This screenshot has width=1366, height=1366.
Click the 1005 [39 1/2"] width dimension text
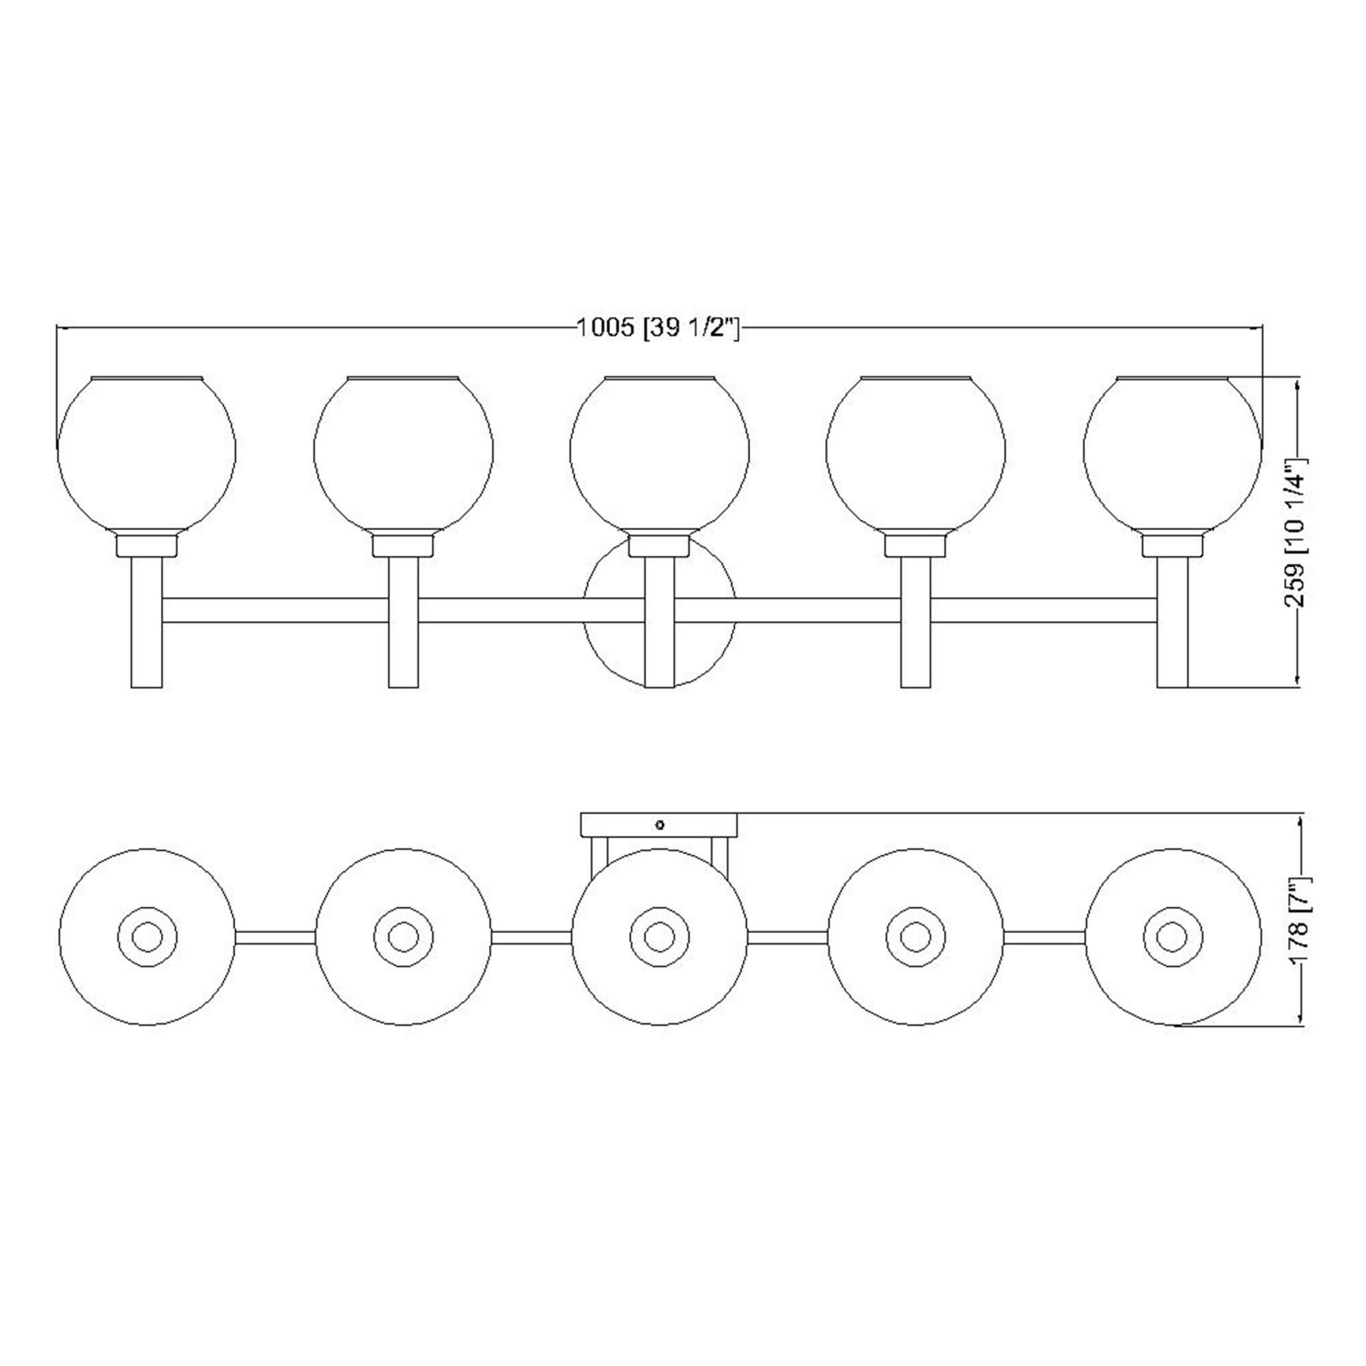[x=658, y=328]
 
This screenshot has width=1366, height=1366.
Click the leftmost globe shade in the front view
[x=146, y=453]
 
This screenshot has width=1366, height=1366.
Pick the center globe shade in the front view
[x=659, y=453]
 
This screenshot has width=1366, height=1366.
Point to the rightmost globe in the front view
[x=1171, y=453]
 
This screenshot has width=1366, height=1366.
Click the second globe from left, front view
[x=403, y=453]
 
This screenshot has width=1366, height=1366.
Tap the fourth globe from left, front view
[x=916, y=453]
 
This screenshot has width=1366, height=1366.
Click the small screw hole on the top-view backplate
[x=660, y=824]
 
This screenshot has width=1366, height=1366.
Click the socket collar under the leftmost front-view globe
[x=146, y=546]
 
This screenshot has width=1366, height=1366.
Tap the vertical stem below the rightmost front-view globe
[x=1171, y=622]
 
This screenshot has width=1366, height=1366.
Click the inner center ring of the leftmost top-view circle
[x=147, y=938]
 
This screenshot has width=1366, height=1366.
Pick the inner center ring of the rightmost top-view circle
[x=1171, y=938]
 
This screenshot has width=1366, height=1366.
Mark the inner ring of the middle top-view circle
[x=659, y=938]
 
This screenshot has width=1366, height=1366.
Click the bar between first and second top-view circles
[x=275, y=938]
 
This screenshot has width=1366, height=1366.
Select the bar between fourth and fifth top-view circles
[x=1044, y=938]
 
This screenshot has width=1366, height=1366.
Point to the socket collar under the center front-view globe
[x=659, y=546]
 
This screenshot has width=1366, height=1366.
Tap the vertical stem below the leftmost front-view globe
[x=146, y=622]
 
